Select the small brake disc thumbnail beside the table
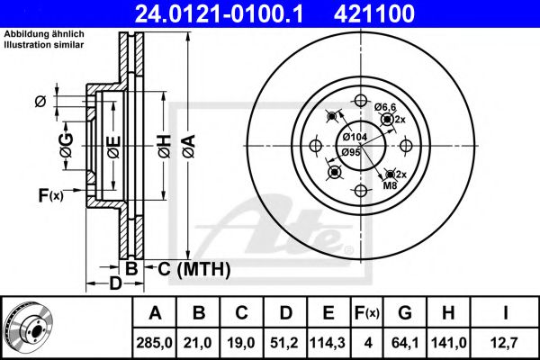[x=29, y=326]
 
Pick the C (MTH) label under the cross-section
[x=194, y=268]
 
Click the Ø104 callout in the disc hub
[x=355, y=136]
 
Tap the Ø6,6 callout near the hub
[x=386, y=108]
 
